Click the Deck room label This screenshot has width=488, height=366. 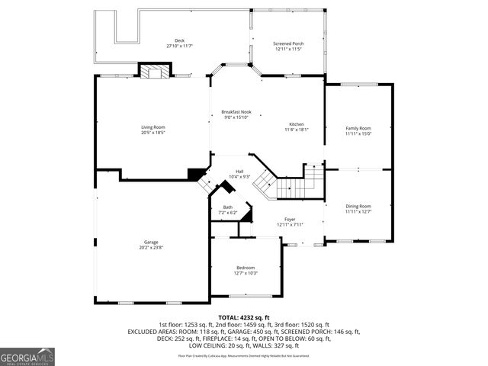pyautogui.click(x=179, y=40)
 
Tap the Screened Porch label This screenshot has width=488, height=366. pyautogui.click(x=288, y=43)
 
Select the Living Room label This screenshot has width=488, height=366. pyautogui.click(x=152, y=127)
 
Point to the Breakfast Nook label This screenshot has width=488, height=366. pyautogui.click(x=236, y=112)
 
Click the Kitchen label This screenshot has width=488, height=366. pyautogui.click(x=297, y=124)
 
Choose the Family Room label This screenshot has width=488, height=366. pyautogui.click(x=358, y=128)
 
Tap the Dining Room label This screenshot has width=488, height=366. pyautogui.click(x=358, y=206)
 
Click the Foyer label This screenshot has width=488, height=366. pyautogui.click(x=290, y=219)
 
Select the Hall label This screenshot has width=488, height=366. pyautogui.click(x=239, y=172)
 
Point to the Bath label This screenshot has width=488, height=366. pyautogui.click(x=228, y=207)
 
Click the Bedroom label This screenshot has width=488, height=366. pyautogui.click(x=246, y=268)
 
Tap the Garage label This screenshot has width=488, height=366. pyautogui.click(x=150, y=242)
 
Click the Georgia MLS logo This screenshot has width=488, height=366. pyautogui.click(x=27, y=356)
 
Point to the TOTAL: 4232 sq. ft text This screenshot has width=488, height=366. pyautogui.click(x=244, y=317)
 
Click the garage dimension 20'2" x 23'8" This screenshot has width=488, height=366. pyautogui.click(x=150, y=248)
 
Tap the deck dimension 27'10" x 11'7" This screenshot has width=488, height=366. pyautogui.click(x=179, y=47)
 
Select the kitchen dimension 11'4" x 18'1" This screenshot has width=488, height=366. pyautogui.click(x=297, y=130)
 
